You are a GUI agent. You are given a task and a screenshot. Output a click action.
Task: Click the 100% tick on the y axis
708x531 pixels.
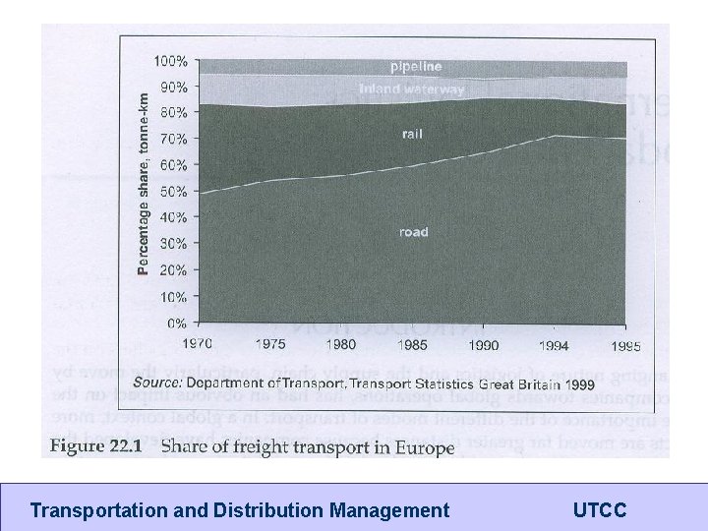click(x=172, y=61)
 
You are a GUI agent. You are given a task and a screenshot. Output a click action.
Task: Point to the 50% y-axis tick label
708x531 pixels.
click(x=174, y=191)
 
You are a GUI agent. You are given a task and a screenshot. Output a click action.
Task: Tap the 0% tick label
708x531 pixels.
click(x=177, y=323)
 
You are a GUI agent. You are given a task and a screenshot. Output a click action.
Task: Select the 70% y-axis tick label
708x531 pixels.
click(x=174, y=139)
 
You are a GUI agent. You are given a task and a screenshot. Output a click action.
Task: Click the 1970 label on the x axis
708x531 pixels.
click(x=199, y=345)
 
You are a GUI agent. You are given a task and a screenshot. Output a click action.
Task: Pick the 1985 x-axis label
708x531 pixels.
click(x=413, y=345)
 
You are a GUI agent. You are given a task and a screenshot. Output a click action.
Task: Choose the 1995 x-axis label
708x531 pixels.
click(x=624, y=345)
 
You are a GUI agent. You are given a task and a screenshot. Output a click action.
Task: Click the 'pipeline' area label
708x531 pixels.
click(x=416, y=67)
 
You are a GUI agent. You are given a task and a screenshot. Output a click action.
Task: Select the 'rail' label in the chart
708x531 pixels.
click(x=412, y=134)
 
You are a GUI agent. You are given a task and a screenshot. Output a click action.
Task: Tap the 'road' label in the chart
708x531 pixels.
click(x=413, y=232)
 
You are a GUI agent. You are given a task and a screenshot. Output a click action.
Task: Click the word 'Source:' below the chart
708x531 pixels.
click(x=157, y=382)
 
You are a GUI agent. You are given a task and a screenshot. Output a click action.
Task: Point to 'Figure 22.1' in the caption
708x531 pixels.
click(x=96, y=448)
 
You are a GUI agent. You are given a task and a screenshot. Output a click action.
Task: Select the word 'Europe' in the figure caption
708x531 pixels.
click(x=420, y=449)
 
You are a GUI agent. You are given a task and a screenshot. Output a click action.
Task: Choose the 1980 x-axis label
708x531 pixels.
click(x=341, y=345)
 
